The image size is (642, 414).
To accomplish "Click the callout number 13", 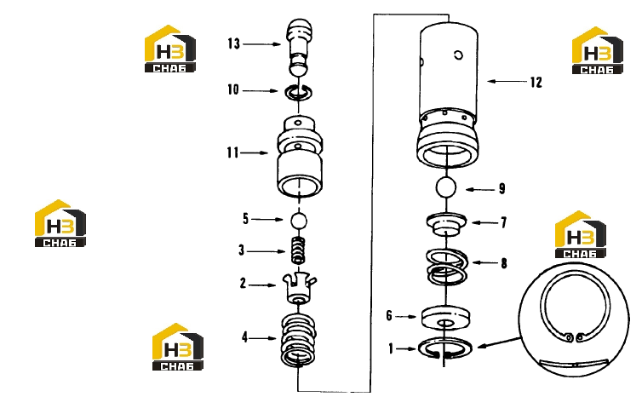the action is (234, 43).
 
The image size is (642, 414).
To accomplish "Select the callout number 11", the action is (232, 152).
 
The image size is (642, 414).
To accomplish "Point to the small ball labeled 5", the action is (299, 221).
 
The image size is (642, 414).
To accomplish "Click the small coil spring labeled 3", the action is (299, 250).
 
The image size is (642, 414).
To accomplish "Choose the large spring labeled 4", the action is (299, 340).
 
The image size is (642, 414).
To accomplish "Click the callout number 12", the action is (536, 83).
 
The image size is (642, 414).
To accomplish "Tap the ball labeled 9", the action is (446, 187).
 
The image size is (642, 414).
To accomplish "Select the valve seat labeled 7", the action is (446, 225).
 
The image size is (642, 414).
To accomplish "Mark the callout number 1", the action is (391, 348).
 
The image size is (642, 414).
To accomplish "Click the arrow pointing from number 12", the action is (507, 82).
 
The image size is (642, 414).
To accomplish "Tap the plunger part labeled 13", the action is (300, 47).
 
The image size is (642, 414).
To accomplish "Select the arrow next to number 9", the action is (480, 190).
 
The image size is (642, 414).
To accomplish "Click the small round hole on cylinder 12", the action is (459, 55).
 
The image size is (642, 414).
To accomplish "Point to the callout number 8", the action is (504, 263).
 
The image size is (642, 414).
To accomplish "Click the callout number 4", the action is (245, 337).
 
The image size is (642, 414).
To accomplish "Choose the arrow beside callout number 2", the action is (262, 285).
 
